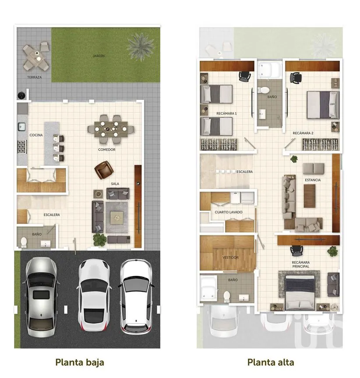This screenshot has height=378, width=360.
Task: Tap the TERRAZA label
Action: click(34, 77)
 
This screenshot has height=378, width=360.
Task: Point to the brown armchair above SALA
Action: click(104, 170)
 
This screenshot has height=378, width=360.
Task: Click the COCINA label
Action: click(36, 135)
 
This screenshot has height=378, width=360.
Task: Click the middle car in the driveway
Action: click(93, 295)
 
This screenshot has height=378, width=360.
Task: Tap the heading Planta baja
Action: click(80, 362)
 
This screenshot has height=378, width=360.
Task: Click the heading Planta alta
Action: click(271, 362)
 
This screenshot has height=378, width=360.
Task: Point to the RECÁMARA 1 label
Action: click(226, 113)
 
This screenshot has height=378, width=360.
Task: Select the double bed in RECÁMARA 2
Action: click(323, 105)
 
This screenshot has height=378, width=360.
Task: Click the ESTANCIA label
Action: click(313, 180)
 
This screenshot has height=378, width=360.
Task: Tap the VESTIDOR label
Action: click(230, 257)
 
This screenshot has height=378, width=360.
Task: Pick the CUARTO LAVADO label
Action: click(229, 212)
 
